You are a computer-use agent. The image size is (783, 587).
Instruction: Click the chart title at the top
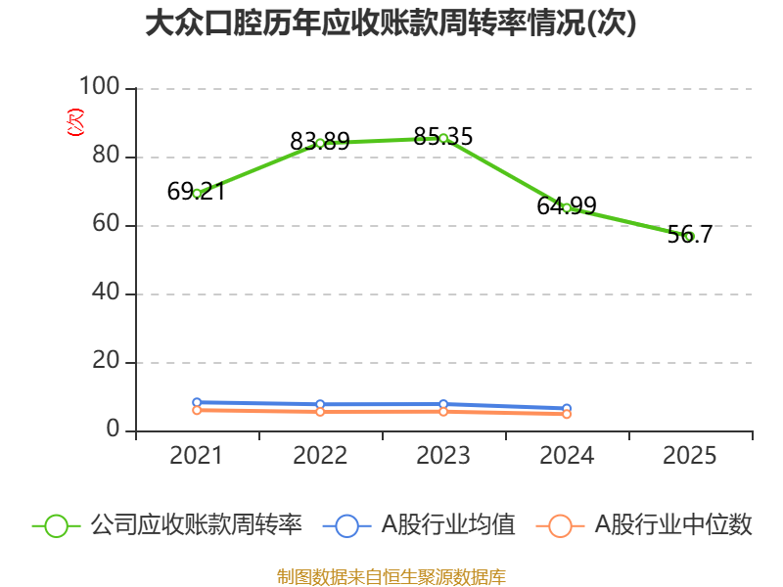point(391,23)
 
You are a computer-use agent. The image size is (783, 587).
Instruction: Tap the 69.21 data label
point(197,191)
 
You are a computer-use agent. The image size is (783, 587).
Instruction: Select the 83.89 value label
point(320,141)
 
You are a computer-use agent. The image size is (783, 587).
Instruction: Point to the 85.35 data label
point(443,136)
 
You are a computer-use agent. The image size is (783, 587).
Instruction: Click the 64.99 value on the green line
point(567,205)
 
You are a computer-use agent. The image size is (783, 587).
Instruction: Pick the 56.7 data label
point(690,234)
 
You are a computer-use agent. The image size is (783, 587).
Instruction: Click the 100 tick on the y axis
point(100,86)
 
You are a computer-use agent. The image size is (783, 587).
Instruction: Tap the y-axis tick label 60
point(106,223)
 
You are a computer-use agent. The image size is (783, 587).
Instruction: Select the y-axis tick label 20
point(106,360)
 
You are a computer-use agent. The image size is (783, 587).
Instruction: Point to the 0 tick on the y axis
point(113,429)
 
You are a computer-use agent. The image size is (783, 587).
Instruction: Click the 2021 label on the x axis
point(196,456)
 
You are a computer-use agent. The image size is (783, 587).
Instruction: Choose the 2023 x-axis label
point(443,456)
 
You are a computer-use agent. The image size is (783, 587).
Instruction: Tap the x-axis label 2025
point(690,456)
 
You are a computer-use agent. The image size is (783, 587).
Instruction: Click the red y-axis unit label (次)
point(75,121)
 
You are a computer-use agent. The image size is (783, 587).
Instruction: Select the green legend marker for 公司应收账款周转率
point(57,526)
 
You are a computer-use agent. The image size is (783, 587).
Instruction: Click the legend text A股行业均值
point(448,525)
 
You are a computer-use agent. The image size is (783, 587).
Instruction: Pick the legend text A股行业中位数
point(673,525)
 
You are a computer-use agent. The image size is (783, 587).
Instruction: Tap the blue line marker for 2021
point(197,402)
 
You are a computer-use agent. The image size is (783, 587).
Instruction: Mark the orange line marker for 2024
point(567,414)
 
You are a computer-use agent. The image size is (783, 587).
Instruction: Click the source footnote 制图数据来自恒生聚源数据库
point(391,577)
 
